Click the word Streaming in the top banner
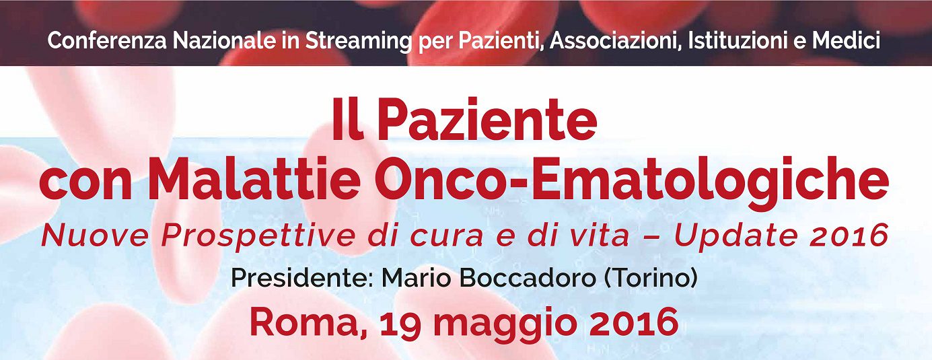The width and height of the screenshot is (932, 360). (x=359, y=42)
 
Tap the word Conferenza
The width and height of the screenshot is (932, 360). (x=107, y=41)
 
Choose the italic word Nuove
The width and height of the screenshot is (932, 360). (x=96, y=236)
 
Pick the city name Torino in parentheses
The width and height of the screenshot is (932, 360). (x=650, y=279)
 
